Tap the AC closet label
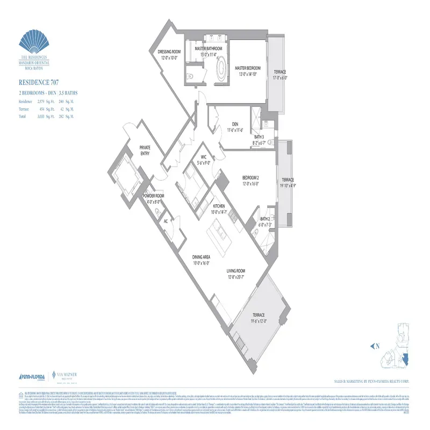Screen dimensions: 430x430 pos(166,220)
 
